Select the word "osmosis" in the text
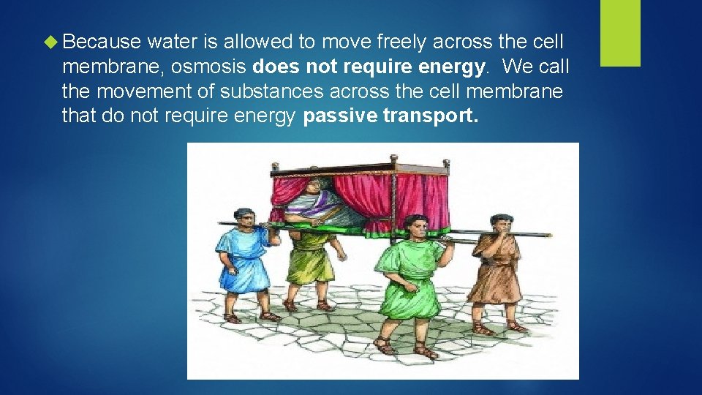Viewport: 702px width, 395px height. [x=216, y=68]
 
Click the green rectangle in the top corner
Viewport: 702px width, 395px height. [x=620, y=33]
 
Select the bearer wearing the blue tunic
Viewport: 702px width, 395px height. [x=245, y=263]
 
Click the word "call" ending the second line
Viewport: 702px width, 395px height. [x=555, y=68]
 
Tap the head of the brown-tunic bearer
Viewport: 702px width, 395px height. [x=501, y=223]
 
